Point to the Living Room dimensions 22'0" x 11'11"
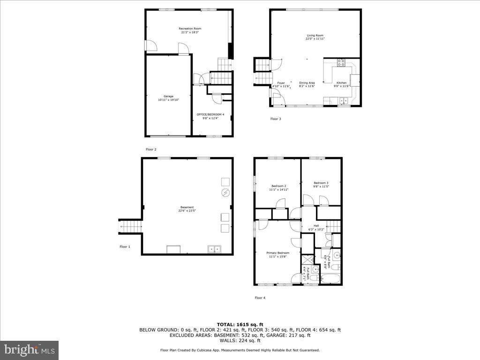(315, 39)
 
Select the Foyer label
(280, 83)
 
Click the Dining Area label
(307, 83)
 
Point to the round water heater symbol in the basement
(225, 193)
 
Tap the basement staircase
(131, 226)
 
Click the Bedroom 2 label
(278, 186)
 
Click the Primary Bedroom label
(278, 253)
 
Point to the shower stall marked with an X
(307, 260)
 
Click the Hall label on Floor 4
(316, 225)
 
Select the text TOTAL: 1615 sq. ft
(240, 324)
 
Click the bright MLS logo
(29, 350)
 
